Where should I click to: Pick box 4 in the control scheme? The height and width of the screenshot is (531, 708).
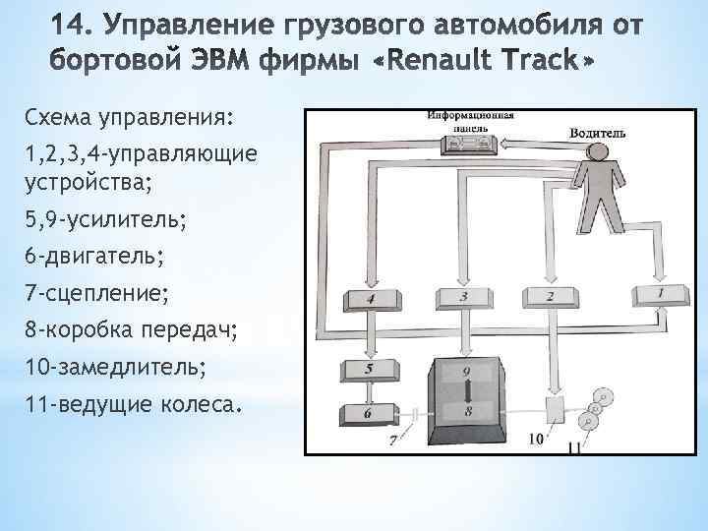[369, 297]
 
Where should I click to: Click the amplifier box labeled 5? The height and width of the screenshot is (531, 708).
[368, 370]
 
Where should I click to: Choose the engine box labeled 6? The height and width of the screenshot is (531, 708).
[367, 414]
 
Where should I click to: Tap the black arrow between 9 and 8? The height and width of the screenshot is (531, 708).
[468, 392]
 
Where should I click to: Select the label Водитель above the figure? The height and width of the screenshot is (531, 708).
[600, 132]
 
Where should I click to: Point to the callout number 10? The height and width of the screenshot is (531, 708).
[537, 440]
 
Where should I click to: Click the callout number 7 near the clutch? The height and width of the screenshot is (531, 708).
[393, 441]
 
